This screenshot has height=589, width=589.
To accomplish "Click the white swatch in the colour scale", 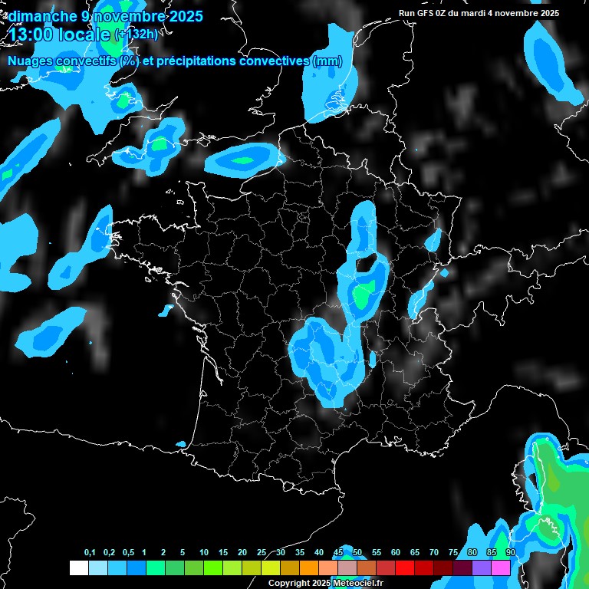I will [78, 568].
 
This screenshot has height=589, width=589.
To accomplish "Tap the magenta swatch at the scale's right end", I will [502, 568].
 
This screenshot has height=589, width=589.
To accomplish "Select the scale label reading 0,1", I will [90, 553].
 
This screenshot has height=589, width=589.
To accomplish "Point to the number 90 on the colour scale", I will [510, 553].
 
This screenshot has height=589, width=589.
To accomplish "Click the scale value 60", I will [396, 553].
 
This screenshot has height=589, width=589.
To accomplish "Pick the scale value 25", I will [262, 553].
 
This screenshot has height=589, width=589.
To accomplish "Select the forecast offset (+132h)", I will [136, 34].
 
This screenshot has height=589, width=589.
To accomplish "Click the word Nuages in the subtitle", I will [31, 61].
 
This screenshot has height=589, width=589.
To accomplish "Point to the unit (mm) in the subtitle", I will [327, 61].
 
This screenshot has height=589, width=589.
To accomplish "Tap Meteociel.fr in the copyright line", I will [358, 584].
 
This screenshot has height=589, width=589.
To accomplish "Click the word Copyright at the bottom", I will [289, 584].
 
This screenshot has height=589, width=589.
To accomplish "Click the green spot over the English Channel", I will [243, 160].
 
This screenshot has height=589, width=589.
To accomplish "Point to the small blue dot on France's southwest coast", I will [181, 444].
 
